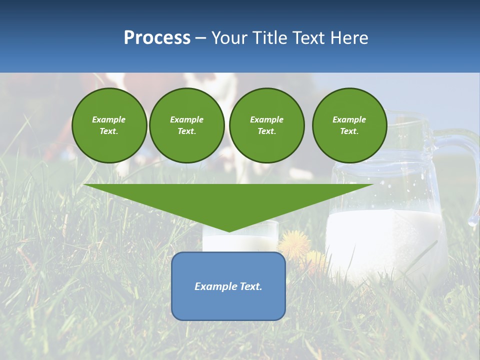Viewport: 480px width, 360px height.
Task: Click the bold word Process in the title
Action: [x=157, y=38]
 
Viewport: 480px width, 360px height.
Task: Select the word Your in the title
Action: [x=229, y=38]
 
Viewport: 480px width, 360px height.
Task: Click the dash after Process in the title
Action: [x=200, y=38]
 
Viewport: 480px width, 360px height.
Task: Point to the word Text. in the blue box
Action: [x=251, y=286]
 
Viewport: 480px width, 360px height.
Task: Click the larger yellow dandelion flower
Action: [x=294, y=243]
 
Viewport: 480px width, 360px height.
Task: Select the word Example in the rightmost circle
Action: [x=349, y=119]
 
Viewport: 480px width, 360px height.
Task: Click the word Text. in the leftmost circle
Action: [x=109, y=131]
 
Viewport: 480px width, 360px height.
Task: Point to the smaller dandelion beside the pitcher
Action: [x=315, y=259]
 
